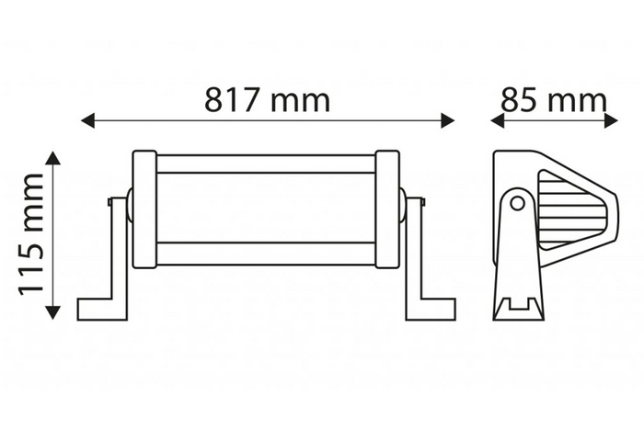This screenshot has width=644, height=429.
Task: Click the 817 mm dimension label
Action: [267, 99]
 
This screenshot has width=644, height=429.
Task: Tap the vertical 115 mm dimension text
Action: [32, 233]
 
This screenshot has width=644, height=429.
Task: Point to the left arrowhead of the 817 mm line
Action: [88, 120]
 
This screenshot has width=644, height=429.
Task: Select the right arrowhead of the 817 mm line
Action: [447, 120]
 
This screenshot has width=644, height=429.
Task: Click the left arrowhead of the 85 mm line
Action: [498, 120]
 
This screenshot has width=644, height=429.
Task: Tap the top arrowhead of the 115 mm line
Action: [53, 159]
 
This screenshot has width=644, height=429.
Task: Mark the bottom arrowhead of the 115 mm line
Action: [53, 311]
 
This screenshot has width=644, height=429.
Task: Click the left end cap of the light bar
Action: [144, 209]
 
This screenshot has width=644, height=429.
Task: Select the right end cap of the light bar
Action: [387, 209]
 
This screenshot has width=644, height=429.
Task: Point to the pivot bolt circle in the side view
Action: [518, 203]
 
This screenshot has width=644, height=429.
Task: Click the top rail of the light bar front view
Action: [266, 164]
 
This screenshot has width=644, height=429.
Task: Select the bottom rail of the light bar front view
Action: [266, 253]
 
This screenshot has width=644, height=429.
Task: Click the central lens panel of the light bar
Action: [266, 209]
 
